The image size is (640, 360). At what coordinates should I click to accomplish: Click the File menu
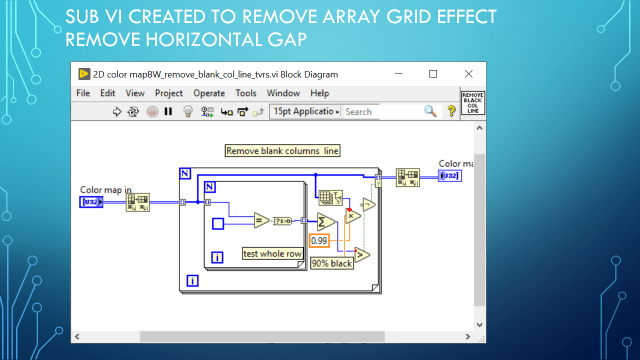pyautogui.click(x=84, y=93)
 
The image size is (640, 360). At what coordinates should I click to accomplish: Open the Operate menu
pyautogui.click(x=209, y=93)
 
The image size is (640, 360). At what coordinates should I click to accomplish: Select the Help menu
pyautogui.click(x=319, y=93)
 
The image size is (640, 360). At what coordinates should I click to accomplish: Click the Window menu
pyautogui.click(x=283, y=93)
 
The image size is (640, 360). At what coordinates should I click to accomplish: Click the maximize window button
pyautogui.click(x=433, y=74)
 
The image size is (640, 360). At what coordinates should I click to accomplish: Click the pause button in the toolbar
pyautogui.click(x=168, y=112)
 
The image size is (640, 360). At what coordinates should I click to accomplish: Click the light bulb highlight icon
pyautogui.click(x=186, y=112)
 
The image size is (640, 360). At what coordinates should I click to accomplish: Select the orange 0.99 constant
pyautogui.click(x=319, y=241)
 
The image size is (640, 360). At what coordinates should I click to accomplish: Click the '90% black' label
pyautogui.click(x=331, y=264)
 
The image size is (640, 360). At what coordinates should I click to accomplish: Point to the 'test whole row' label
pyautogui.click(x=273, y=254)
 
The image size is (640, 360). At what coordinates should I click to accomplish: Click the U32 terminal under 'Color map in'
pyautogui.click(x=91, y=203)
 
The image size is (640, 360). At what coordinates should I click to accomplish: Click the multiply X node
pyautogui.click(x=351, y=216)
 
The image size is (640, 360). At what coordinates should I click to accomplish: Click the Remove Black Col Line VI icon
pyautogui.click(x=472, y=103)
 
